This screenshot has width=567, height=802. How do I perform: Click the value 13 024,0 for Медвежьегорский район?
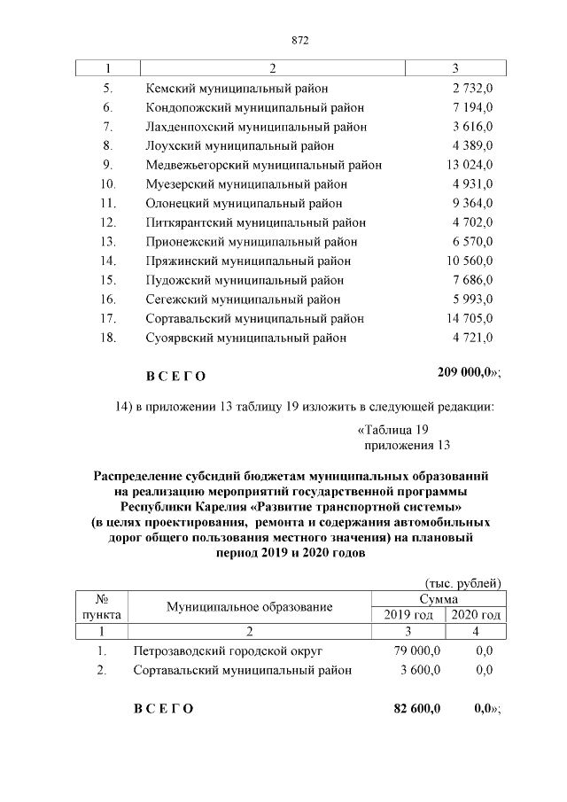(x=469, y=165)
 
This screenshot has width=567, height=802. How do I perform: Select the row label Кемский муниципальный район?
(x=237, y=89)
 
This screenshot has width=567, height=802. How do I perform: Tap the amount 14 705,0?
(x=469, y=318)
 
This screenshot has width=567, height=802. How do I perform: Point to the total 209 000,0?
(x=466, y=374)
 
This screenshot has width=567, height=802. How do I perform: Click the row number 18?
(x=108, y=338)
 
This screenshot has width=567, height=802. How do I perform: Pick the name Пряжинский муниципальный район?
(x=248, y=261)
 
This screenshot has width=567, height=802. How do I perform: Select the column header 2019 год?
(x=408, y=615)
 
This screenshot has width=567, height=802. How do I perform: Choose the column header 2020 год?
(x=475, y=615)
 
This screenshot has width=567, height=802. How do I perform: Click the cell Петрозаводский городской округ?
(x=229, y=651)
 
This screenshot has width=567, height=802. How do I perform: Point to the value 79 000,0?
(x=417, y=651)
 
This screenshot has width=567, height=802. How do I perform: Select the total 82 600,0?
(x=417, y=708)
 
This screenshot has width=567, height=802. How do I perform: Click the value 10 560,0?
(x=469, y=261)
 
